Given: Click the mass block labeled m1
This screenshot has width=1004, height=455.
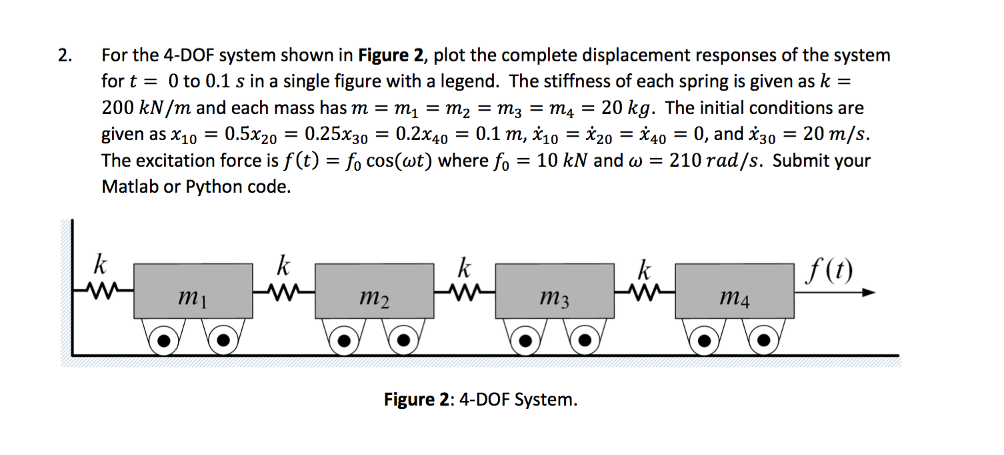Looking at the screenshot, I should (193, 290).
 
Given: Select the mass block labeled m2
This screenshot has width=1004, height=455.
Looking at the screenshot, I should (373, 290).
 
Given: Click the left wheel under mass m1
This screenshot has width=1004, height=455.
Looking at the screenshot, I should (163, 340).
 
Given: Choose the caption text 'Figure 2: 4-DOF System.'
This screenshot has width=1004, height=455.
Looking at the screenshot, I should (481, 400).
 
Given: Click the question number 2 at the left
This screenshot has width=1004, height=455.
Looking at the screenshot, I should (65, 55).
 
